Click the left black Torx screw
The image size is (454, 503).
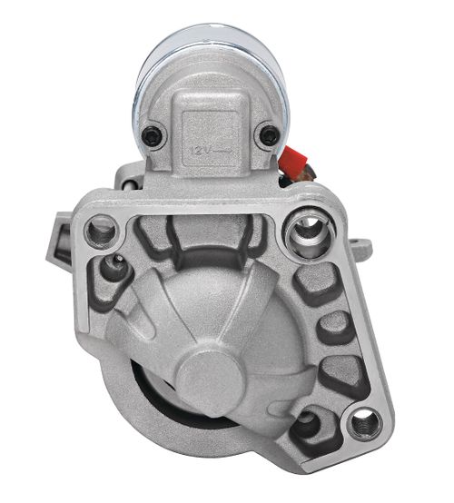[x=152, y=136]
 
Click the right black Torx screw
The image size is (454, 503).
[x=270, y=135]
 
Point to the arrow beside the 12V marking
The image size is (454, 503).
[x=222, y=150]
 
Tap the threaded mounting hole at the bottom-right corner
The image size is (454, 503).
[x=365, y=424]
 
